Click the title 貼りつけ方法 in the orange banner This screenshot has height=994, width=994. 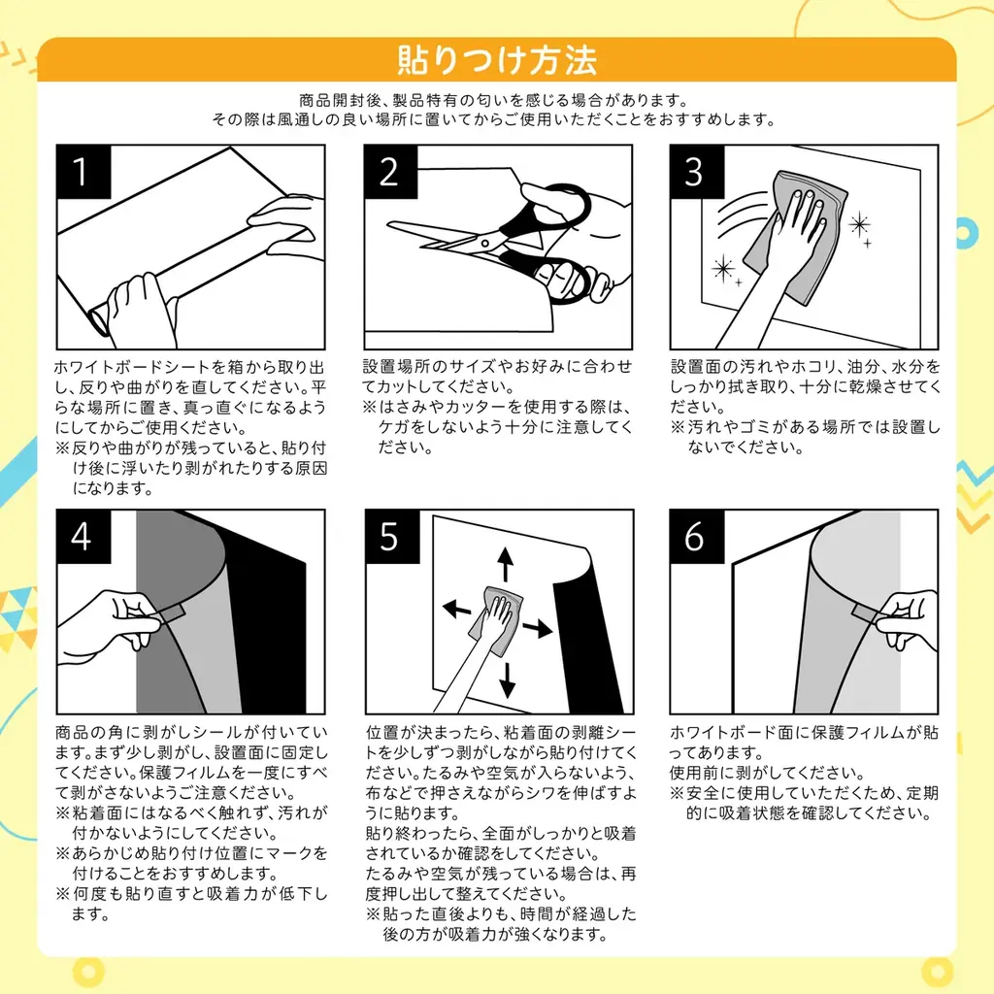coord(496,60)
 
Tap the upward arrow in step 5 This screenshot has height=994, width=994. coord(506,564)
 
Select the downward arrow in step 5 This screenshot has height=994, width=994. coord(506,679)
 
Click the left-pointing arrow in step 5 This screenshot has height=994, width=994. coord(456,609)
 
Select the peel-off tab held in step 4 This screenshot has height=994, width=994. coord(173,612)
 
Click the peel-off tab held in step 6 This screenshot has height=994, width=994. coord(864,612)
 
